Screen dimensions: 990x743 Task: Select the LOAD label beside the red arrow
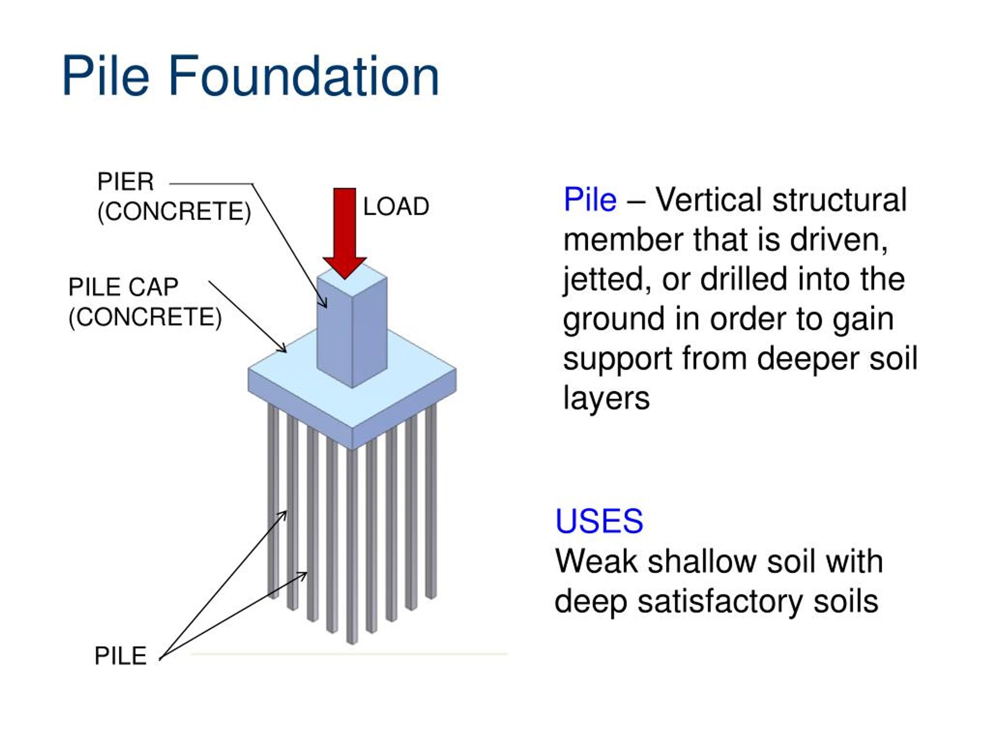396,207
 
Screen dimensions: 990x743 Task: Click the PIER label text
125,182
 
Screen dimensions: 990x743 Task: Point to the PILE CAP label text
123,287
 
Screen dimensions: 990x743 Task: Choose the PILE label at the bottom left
120,656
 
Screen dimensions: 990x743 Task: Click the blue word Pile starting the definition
590,199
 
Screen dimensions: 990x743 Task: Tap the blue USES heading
599,521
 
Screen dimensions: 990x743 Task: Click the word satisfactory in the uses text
720,601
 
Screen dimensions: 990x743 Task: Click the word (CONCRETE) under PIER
174,211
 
